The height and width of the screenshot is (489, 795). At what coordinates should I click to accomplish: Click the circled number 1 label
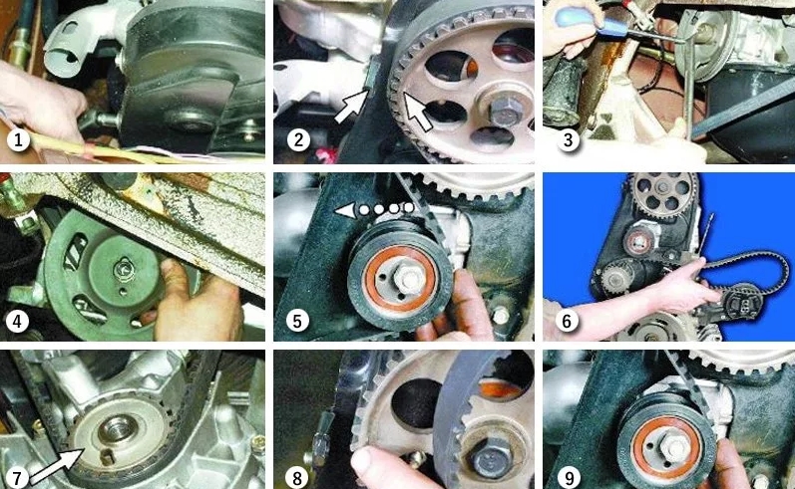point(18,139)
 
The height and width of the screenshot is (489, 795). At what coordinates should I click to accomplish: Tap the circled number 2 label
point(298,139)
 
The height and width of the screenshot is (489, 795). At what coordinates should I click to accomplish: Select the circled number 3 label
point(568,139)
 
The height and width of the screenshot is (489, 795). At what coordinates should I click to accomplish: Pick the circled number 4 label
point(17,321)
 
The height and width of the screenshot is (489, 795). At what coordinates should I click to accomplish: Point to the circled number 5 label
point(297,321)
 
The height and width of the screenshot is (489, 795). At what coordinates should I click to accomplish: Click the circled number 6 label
point(567,321)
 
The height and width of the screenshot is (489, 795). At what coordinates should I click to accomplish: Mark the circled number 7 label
point(17,477)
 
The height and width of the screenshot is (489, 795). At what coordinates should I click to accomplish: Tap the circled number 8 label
point(297,477)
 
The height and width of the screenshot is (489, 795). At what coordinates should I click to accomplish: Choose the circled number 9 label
point(569,477)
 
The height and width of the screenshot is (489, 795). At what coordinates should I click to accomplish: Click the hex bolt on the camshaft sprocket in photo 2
point(504,113)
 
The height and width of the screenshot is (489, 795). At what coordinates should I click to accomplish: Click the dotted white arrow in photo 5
point(374,208)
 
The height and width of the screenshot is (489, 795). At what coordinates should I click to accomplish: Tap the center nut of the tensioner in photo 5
point(408,278)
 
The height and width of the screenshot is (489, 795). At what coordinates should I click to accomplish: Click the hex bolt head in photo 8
point(489,457)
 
